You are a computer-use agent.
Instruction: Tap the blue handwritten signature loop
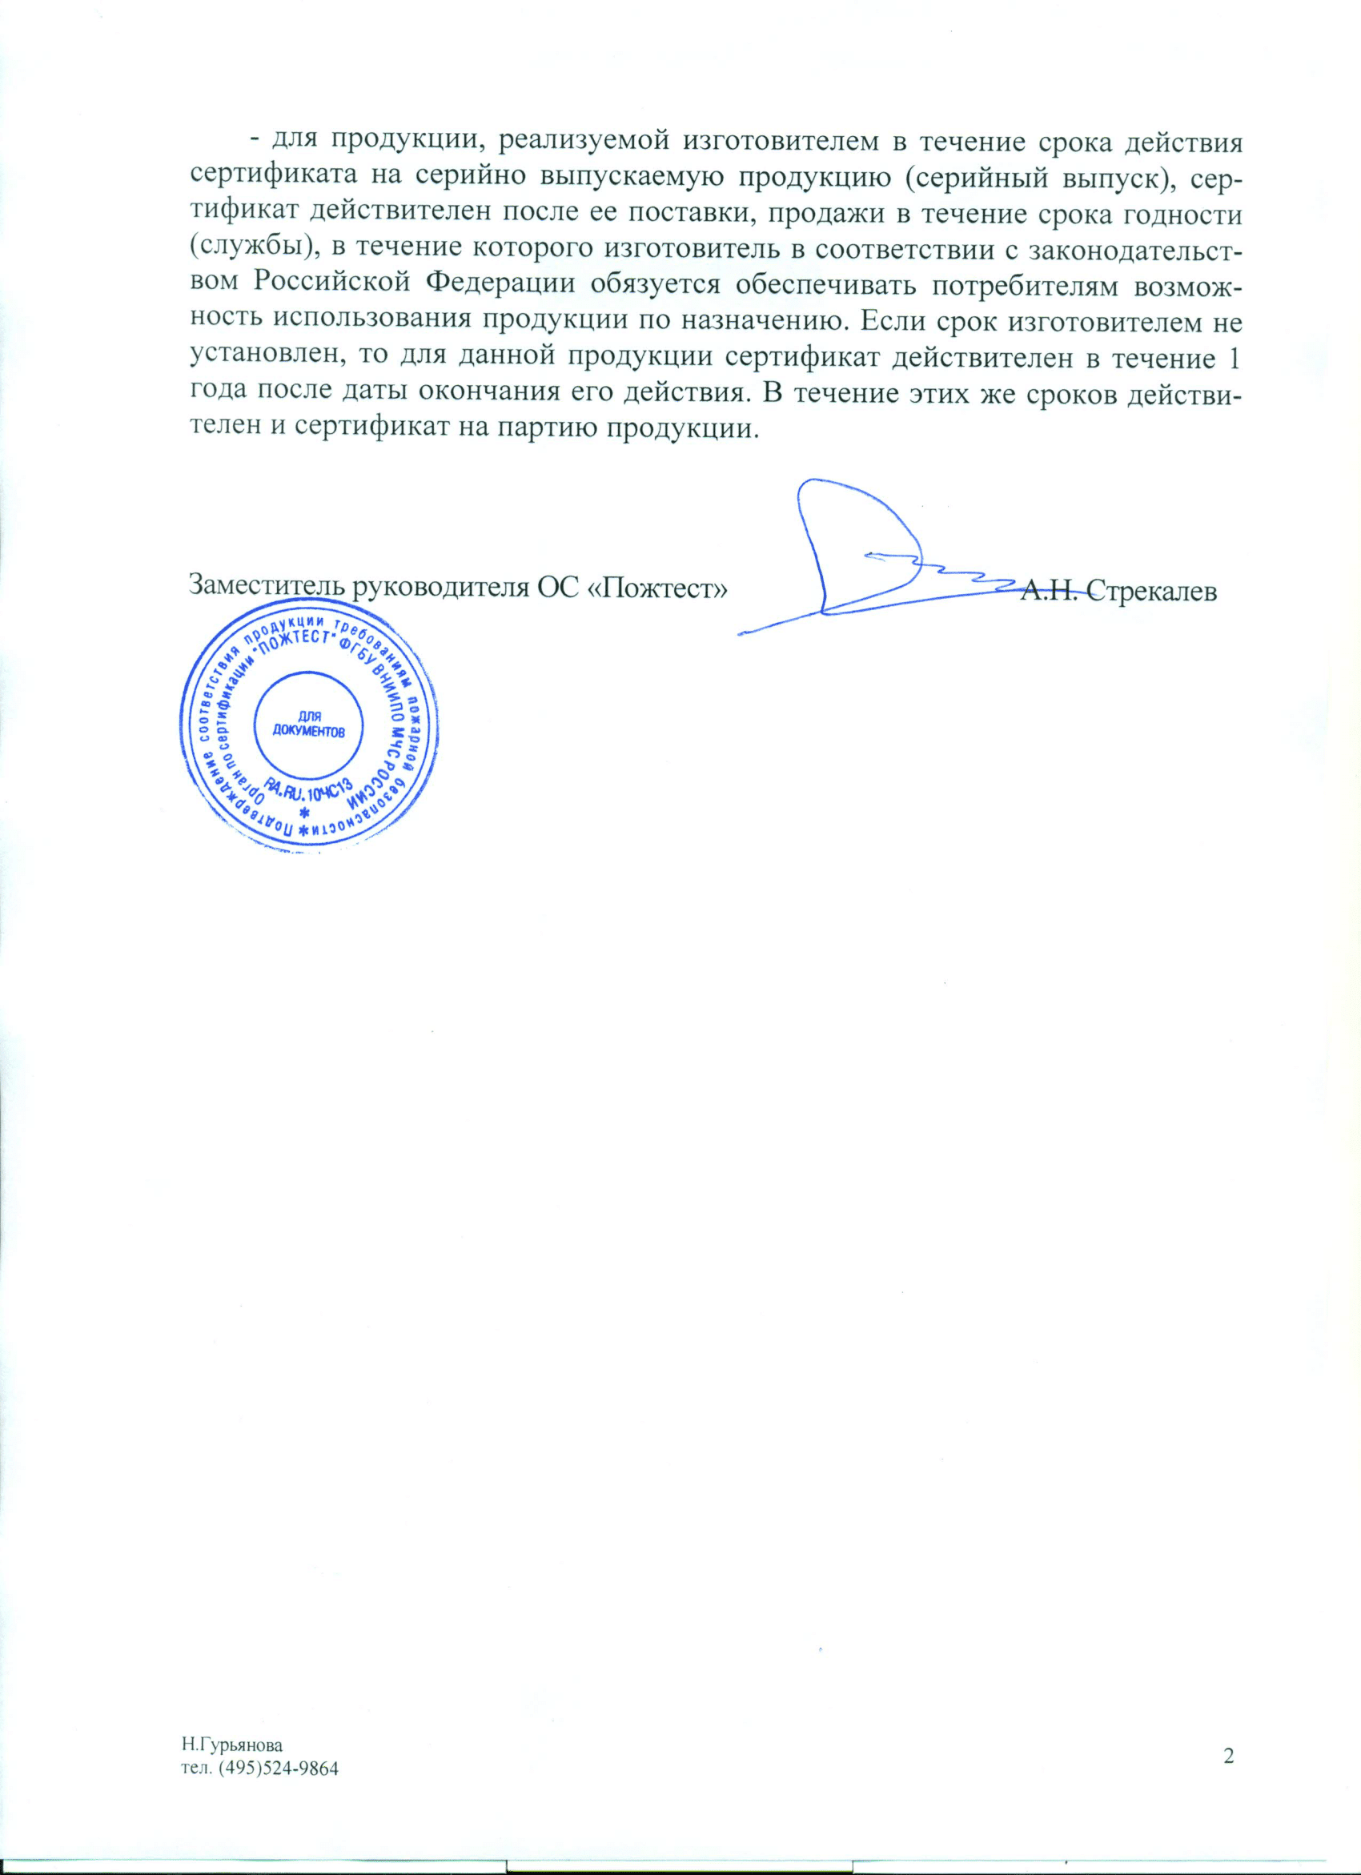tap(860, 546)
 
